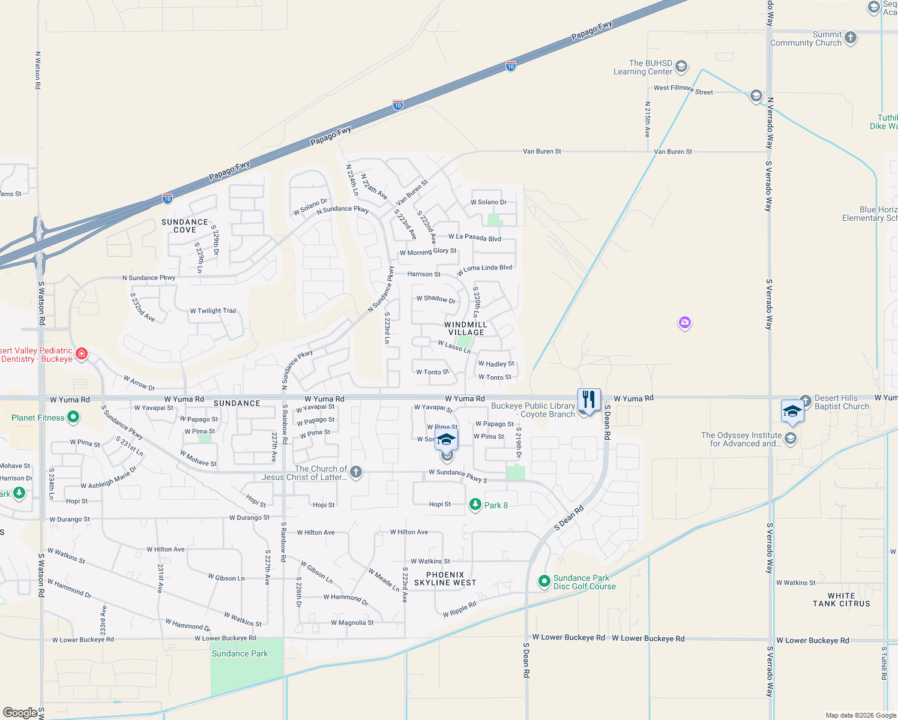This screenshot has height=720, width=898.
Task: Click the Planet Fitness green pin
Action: coord(73,416)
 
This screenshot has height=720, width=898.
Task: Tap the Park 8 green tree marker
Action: coord(475,505)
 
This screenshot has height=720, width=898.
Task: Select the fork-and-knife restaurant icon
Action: coord(589,400)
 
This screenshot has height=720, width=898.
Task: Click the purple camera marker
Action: coord(685,323)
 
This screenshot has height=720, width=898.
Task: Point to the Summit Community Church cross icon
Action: coord(850,37)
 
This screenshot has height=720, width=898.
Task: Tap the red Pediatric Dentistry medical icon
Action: coord(82,354)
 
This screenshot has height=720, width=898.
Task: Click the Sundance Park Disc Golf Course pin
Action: coord(544,581)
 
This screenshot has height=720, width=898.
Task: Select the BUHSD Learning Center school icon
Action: coord(681,66)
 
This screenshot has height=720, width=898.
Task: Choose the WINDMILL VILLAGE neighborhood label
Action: coord(466,328)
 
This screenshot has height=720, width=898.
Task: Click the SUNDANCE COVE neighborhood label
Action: coord(185,226)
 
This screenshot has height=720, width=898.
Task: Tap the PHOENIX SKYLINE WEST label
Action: coord(445,578)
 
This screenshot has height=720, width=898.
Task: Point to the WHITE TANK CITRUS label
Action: coord(841,599)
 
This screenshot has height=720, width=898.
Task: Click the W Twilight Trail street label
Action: coord(213,311)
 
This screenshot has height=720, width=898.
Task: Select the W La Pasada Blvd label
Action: coord(474,238)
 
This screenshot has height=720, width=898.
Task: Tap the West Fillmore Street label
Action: coord(683,89)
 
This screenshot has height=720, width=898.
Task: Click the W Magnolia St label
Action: coord(352,623)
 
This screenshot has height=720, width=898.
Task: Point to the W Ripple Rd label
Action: coord(459,609)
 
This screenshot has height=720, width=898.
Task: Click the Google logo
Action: coord(20,713)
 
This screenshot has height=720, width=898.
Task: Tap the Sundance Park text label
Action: coord(240,653)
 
